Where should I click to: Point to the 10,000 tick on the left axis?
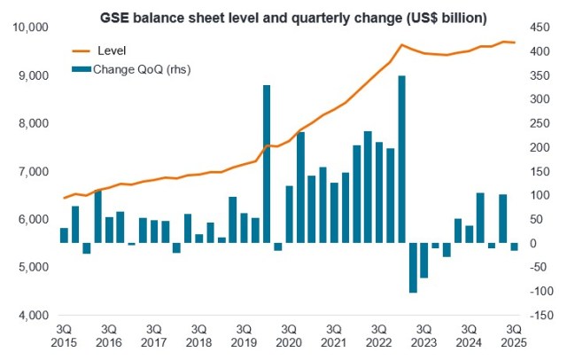pyautogui.click(x=31, y=27)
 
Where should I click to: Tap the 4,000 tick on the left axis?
pyautogui.click(x=35, y=315)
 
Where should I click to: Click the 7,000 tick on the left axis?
pyautogui.click(x=35, y=171)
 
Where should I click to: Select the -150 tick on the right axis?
pyautogui.click(x=539, y=315)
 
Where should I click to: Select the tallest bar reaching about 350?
pyautogui.click(x=401, y=160)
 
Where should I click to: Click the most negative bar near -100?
pyautogui.click(x=413, y=267)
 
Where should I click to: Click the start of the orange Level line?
pyautogui.click(x=64, y=198)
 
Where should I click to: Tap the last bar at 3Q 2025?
pyautogui.click(x=514, y=247)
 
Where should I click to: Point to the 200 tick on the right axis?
pyautogui.click(x=536, y=147)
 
